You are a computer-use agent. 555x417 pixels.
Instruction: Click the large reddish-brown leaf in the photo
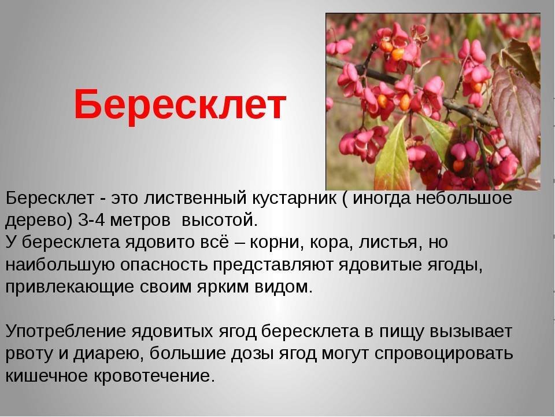pyautogui.click(x=516, y=114)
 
